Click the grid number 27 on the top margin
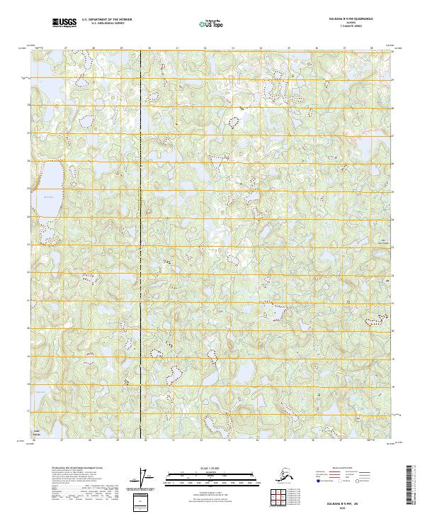coord(65,48)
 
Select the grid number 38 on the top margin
coord(372,48)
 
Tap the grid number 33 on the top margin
coord(232,48)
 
